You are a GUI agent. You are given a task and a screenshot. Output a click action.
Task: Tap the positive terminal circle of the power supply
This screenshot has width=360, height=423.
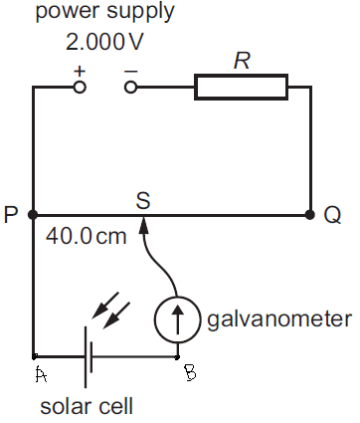(80, 88)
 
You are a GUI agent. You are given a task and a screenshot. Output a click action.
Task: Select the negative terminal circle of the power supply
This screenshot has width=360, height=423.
(130, 88)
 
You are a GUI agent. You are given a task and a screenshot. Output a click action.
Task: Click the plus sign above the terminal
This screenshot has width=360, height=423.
(80, 71)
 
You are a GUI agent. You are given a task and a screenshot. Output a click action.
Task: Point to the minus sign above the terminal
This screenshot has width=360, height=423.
(130, 71)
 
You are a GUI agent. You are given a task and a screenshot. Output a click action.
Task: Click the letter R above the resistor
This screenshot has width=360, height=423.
(242, 61)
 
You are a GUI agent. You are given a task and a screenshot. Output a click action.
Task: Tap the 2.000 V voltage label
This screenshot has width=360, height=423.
(104, 42)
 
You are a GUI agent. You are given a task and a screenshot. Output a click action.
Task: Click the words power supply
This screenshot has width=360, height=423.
(104, 12)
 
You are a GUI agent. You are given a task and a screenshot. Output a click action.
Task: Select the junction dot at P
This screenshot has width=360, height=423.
(33, 215)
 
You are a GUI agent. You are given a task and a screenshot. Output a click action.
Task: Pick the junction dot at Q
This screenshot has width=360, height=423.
(310, 215)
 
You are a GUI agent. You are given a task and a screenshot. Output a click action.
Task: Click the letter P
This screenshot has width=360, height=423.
(11, 215)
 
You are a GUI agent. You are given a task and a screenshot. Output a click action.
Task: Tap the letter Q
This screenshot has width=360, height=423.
(332, 216)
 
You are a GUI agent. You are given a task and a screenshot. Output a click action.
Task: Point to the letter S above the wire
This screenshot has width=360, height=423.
(143, 201)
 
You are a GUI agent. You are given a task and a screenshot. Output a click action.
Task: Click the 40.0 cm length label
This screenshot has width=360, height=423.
(87, 236)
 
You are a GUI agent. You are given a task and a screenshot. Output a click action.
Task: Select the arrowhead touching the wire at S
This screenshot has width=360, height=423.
(143, 225)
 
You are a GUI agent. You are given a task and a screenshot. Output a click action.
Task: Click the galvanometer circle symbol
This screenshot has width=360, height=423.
(177, 319)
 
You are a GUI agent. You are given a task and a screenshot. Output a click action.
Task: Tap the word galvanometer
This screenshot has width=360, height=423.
(279, 319)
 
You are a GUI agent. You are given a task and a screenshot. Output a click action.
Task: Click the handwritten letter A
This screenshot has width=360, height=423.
(41, 374)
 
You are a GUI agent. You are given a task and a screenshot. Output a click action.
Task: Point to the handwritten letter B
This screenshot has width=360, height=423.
(190, 372)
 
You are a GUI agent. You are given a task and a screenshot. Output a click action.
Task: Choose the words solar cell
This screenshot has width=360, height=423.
(87, 406)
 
